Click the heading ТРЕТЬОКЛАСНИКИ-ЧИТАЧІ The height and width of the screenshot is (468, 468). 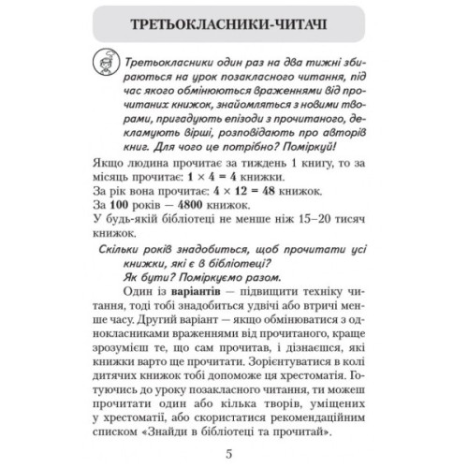pyautogui.click(x=233, y=21)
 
